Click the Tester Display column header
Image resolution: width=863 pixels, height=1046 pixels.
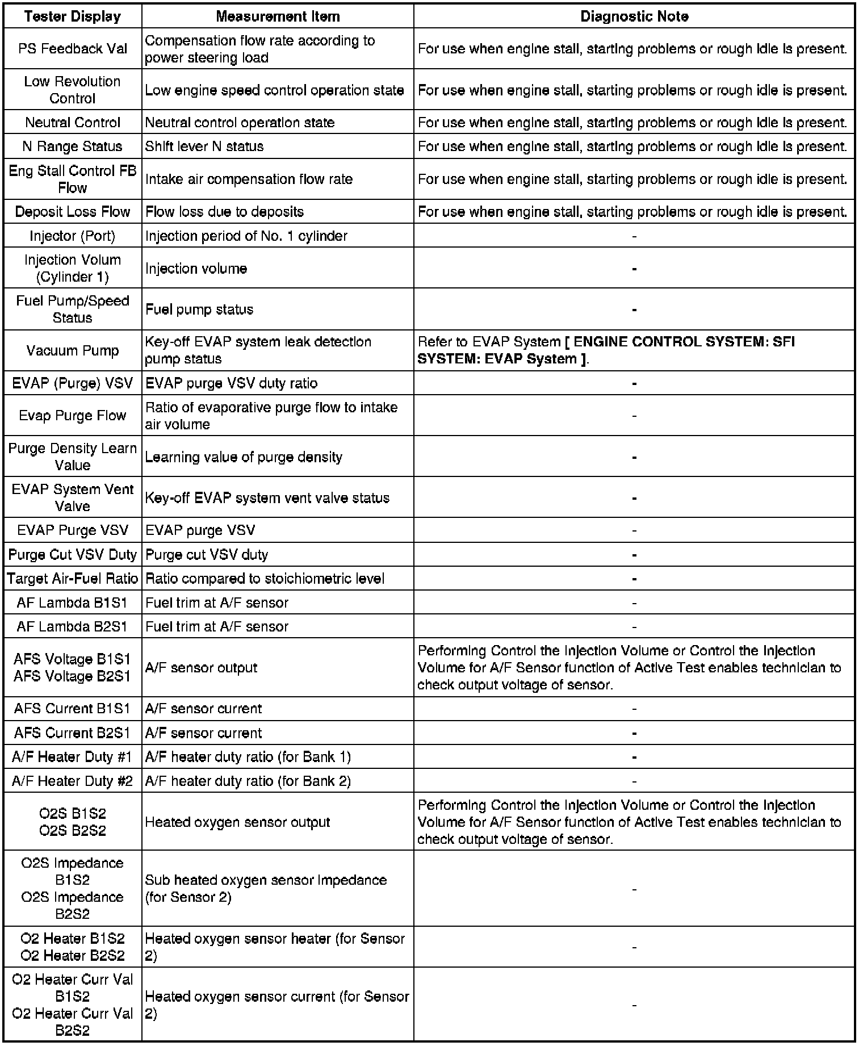[x=73, y=16]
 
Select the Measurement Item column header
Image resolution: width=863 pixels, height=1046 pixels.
[x=278, y=16]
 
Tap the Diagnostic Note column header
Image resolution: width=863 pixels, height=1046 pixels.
[x=634, y=16]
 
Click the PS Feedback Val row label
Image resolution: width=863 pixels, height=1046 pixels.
[x=73, y=49]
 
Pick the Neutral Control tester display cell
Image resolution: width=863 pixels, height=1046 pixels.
[x=73, y=123]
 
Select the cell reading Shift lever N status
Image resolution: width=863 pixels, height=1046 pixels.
[x=204, y=147]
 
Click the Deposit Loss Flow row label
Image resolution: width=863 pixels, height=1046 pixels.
[x=73, y=212]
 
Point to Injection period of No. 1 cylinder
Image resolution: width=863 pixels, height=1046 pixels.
[x=246, y=236]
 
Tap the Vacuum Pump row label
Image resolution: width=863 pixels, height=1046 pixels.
[x=73, y=350]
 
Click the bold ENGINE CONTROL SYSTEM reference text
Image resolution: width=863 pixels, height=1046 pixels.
[x=681, y=342]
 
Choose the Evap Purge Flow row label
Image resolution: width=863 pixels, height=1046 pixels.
[x=73, y=416]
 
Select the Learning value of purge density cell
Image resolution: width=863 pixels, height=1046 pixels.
[x=244, y=457]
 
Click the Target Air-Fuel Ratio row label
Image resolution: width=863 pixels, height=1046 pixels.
[x=73, y=579]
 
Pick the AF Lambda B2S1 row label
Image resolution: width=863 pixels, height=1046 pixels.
[x=73, y=626]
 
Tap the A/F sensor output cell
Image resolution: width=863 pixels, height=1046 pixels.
[x=201, y=668]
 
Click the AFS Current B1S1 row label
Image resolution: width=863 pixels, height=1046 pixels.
[x=73, y=709]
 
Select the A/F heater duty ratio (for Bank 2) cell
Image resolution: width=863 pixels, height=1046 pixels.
[x=248, y=781]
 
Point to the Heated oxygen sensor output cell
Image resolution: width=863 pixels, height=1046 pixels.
[x=237, y=822]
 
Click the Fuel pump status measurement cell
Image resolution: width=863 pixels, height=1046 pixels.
[x=199, y=309]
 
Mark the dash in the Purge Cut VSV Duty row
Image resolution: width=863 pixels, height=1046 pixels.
[x=634, y=555]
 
